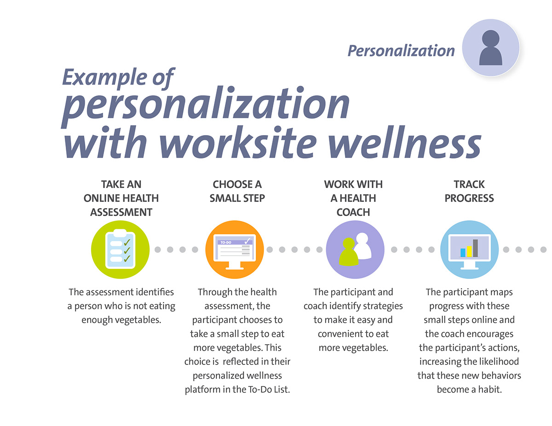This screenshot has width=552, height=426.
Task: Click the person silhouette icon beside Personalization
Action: pyautogui.click(x=490, y=48)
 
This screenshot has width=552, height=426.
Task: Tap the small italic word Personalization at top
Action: pyautogui.click(x=401, y=51)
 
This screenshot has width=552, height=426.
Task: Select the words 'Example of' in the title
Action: pyautogui.click(x=118, y=78)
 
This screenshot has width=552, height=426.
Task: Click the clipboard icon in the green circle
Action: pyautogui.click(x=120, y=249)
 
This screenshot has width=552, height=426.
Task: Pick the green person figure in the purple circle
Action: pyautogui.click(x=348, y=252)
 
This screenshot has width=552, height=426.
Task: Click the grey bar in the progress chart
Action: pyautogui.click(x=475, y=248)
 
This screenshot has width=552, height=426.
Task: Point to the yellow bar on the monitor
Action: pyautogui.click(x=469, y=251)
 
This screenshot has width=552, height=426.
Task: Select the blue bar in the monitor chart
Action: pyautogui.click(x=463, y=253)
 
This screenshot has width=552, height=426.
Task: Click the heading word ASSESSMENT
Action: pyautogui.click(x=121, y=212)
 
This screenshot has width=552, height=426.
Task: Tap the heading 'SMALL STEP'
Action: pyautogui.click(x=237, y=198)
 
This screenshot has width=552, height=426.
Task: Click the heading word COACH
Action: pyautogui.click(x=353, y=212)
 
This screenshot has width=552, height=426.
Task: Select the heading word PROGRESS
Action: pyautogui.click(x=469, y=198)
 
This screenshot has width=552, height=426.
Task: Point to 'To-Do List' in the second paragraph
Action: pyautogui.click(x=269, y=389)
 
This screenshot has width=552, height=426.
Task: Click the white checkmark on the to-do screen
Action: pyautogui.click(x=247, y=240)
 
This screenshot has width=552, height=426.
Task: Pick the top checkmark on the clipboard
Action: pyautogui.click(x=127, y=242)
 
